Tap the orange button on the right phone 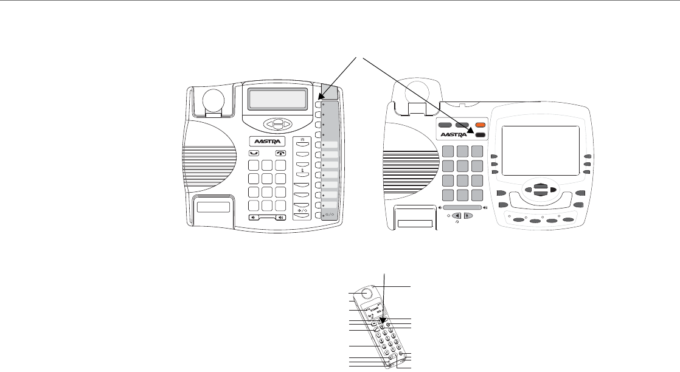481,124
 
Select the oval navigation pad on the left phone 277,123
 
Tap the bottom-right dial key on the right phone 478,195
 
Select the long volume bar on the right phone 462,207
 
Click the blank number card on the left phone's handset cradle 213,207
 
